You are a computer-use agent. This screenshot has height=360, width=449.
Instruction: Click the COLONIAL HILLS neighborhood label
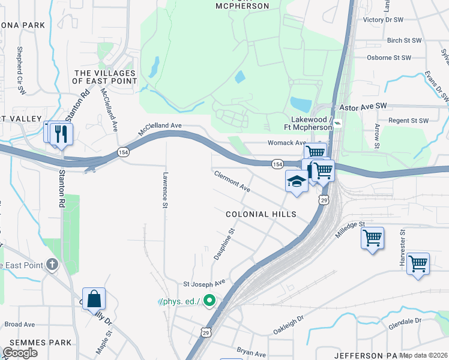pyautogui.click(x=261, y=214)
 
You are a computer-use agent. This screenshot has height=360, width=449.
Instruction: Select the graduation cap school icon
pyautogui.click(x=297, y=182)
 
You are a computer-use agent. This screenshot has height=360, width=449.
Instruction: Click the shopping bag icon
pyautogui.click(x=94, y=299)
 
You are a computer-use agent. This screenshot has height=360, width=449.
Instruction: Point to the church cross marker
pyautogui.click(x=52, y=264)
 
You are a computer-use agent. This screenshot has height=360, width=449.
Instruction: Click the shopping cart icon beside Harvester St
pyautogui.click(x=418, y=263)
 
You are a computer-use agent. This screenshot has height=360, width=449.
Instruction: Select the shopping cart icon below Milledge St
pyautogui.click(x=372, y=238)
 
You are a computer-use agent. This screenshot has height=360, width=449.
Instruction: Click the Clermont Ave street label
pyautogui.click(x=232, y=180)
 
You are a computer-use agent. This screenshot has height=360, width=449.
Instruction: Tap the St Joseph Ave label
pyautogui.click(x=203, y=282)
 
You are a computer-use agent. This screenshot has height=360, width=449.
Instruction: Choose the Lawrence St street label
pyautogui.click(x=164, y=191)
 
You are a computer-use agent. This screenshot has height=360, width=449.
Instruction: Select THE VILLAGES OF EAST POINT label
pyautogui.click(x=105, y=77)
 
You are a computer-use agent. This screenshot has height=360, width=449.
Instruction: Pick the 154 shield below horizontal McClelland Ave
pyautogui.click(x=122, y=152)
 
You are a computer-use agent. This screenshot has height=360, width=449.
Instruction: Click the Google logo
pyautogui.click(x=20, y=353)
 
